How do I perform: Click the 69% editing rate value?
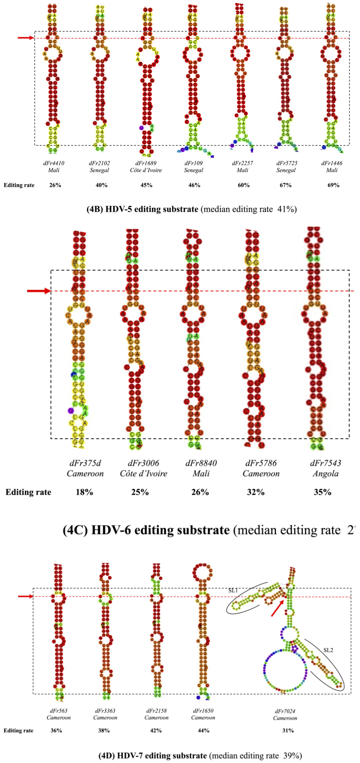click(333, 185)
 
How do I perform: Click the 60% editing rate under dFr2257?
click(244, 185)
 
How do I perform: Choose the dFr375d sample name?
click(85, 463)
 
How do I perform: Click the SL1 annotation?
click(233, 590)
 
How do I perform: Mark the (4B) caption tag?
click(95, 209)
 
